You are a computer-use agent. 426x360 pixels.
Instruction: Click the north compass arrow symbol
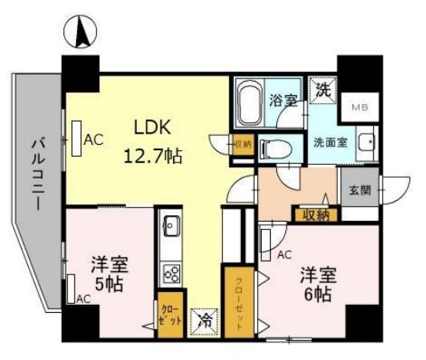[80, 34]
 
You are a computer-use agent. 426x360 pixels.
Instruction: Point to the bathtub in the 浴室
[251, 102]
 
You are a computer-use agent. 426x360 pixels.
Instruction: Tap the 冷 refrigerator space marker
[203, 319]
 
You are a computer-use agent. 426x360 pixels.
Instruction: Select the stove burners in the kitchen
[171, 272]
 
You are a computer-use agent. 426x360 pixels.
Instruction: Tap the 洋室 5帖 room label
[104, 274]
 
